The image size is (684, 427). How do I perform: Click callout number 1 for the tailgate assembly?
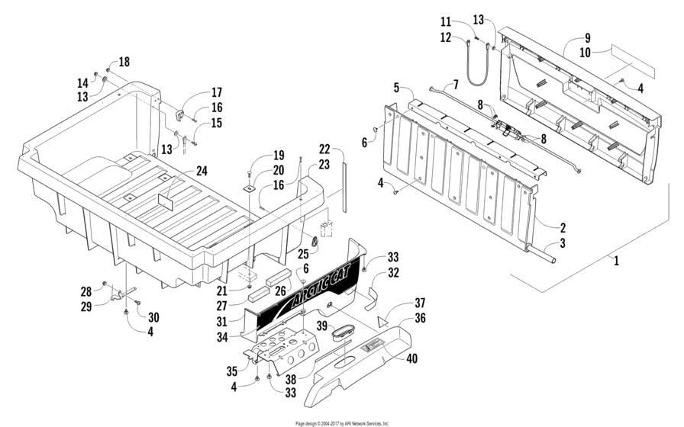click(615, 260)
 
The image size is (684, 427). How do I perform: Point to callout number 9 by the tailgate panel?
click(587, 38)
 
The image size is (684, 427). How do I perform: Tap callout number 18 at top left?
click(124, 61)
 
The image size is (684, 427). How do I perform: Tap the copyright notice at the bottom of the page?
click(341, 422)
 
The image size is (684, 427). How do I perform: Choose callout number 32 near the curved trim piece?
click(394, 271)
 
